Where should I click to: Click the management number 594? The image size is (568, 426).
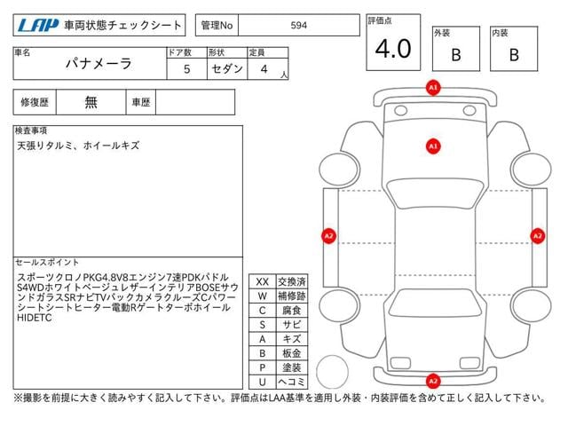click(x=299, y=26)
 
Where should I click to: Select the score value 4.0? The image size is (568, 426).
click(x=392, y=50)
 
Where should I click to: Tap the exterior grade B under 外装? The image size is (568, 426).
click(x=456, y=54)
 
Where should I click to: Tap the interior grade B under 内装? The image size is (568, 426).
click(x=514, y=54)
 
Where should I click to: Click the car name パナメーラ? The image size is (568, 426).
click(x=99, y=64)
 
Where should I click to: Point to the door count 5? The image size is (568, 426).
click(x=185, y=68)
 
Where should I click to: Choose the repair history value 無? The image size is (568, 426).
click(x=91, y=102)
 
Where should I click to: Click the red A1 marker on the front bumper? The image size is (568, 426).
click(x=433, y=89)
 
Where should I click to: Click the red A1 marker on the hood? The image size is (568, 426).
click(x=433, y=145)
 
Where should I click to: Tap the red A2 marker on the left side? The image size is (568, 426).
click(x=328, y=236)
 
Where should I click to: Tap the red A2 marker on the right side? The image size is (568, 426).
click(x=537, y=236)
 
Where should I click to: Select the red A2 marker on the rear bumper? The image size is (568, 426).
click(x=433, y=382)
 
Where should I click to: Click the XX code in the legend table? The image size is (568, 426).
click(x=262, y=281)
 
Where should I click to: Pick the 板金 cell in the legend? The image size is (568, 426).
click(x=290, y=353)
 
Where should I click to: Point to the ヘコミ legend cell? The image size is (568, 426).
click(x=290, y=382)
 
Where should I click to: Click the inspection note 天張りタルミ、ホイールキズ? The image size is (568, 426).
click(x=77, y=145)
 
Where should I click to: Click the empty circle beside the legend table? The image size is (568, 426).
click(x=334, y=370)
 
